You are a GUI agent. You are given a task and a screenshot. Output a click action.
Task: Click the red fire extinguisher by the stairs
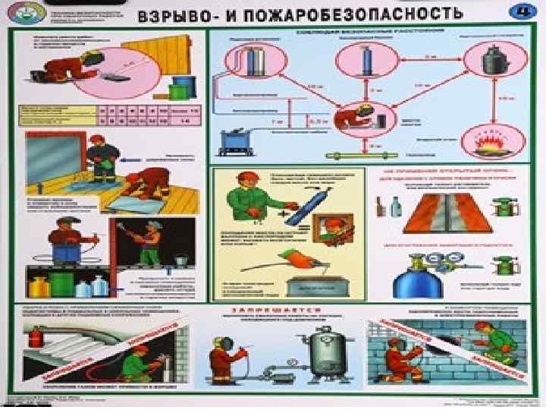point(33,337)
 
